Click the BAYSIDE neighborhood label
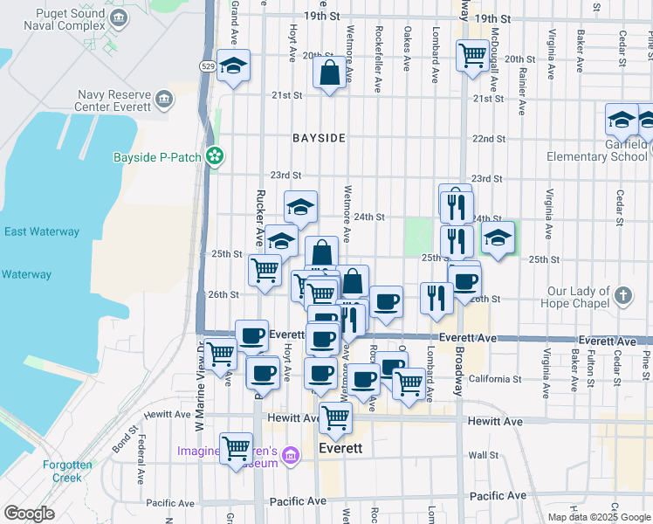tap(319, 139)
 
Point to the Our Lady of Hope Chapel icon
tap(622, 295)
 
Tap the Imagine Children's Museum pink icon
tap(292, 455)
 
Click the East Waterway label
tap(42, 232)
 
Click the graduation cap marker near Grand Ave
tap(233, 66)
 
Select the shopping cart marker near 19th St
tap(472, 57)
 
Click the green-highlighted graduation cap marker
tap(498, 238)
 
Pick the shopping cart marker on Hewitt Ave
tap(335, 417)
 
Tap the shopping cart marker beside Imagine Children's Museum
tap(237, 449)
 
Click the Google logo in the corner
tap(28, 514)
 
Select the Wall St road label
tap(483, 455)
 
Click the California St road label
tap(494, 379)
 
